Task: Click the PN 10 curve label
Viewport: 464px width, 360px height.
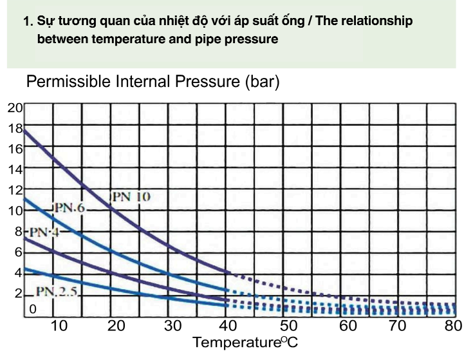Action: click(131, 196)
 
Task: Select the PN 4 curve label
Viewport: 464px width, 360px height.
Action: click(43, 232)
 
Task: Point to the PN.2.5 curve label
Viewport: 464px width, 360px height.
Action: click(56, 291)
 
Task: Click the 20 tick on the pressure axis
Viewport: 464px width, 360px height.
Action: click(14, 108)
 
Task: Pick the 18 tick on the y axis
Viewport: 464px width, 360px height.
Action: click(14, 128)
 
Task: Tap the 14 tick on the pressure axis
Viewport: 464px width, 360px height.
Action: click(14, 169)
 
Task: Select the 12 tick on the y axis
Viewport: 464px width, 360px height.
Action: click(14, 190)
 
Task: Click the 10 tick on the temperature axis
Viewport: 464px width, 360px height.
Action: click(59, 326)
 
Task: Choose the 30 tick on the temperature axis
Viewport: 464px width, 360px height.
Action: click(173, 326)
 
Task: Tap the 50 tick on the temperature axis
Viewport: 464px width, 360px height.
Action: click(289, 326)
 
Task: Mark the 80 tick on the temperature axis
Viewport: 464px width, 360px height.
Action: click(453, 326)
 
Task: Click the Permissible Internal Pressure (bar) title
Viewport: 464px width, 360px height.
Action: click(153, 83)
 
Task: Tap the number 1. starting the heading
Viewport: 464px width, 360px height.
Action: click(27, 22)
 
